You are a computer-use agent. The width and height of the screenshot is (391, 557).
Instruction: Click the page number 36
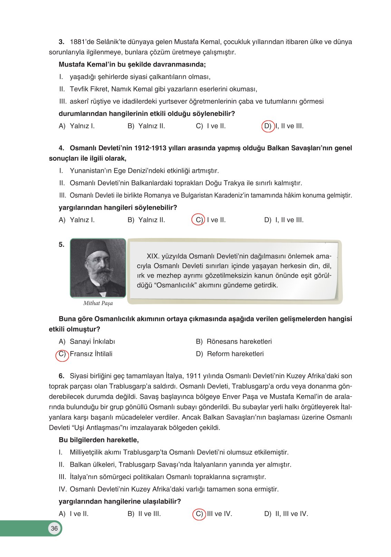tap(54, 528)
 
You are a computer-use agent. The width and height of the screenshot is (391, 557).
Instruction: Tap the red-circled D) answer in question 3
tap(268, 126)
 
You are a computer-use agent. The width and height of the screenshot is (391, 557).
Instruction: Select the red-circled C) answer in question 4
tap(199, 220)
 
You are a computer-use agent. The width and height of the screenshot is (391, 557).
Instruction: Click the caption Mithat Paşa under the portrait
tap(98, 303)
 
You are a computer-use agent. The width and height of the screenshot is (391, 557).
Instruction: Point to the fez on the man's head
tap(97, 249)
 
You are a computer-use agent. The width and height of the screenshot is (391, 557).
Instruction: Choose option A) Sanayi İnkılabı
tap(87, 341)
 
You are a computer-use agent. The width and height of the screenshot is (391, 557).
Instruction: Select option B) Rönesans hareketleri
tap(234, 341)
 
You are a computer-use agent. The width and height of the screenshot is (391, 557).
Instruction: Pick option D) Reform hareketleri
tap(230, 354)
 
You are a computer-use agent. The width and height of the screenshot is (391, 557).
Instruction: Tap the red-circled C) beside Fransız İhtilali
tap(62, 355)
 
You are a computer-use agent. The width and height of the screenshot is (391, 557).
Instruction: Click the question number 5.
tap(61, 245)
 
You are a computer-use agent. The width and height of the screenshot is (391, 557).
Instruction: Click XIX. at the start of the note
tap(153, 256)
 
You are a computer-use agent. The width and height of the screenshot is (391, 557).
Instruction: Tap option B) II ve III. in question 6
tap(144, 514)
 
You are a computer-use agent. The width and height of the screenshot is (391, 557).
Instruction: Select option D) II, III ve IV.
tap(286, 514)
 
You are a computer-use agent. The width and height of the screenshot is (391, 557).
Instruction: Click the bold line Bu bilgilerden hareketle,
tap(99, 440)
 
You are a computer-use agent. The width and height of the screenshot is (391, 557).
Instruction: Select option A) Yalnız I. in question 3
tap(77, 126)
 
